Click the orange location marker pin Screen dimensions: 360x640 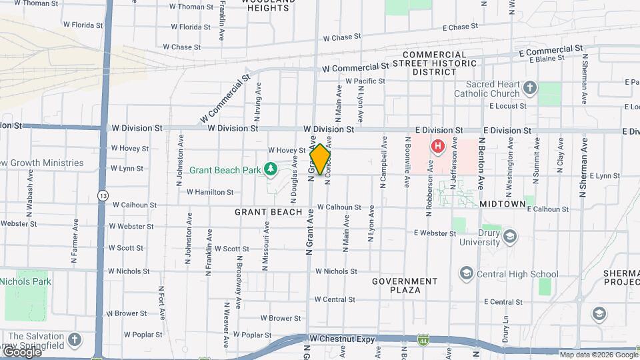320,159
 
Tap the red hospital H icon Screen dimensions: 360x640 438,146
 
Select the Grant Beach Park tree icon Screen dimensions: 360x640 270,170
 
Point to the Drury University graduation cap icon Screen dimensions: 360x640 509,237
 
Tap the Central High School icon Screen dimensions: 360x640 466,273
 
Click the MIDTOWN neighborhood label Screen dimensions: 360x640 503,203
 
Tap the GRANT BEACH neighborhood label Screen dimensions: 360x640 263,212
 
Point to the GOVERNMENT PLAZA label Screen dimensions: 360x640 405,285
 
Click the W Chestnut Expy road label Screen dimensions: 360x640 339,339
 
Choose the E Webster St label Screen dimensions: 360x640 434,233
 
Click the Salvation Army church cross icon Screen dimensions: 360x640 74,339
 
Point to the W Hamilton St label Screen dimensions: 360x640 210,192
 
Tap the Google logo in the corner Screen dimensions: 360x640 22,351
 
